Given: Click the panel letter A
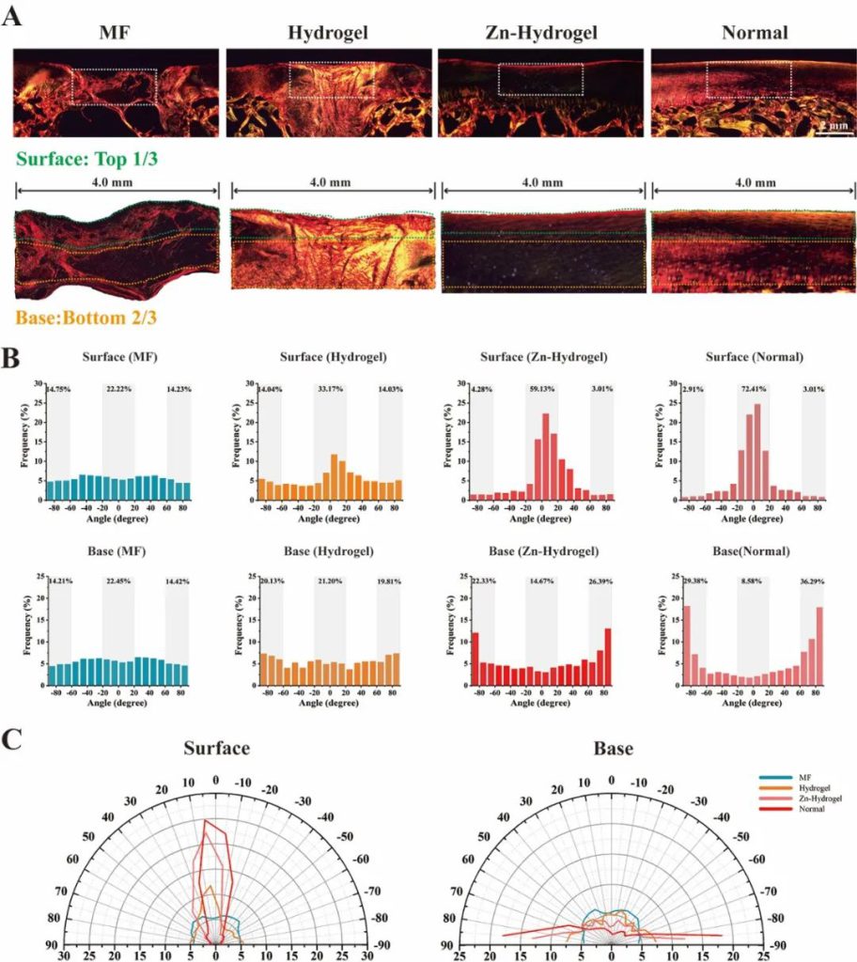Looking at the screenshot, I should pos(14,16).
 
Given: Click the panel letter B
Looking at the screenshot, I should pos(14,359).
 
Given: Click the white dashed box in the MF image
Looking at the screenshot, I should pos(114,86).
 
